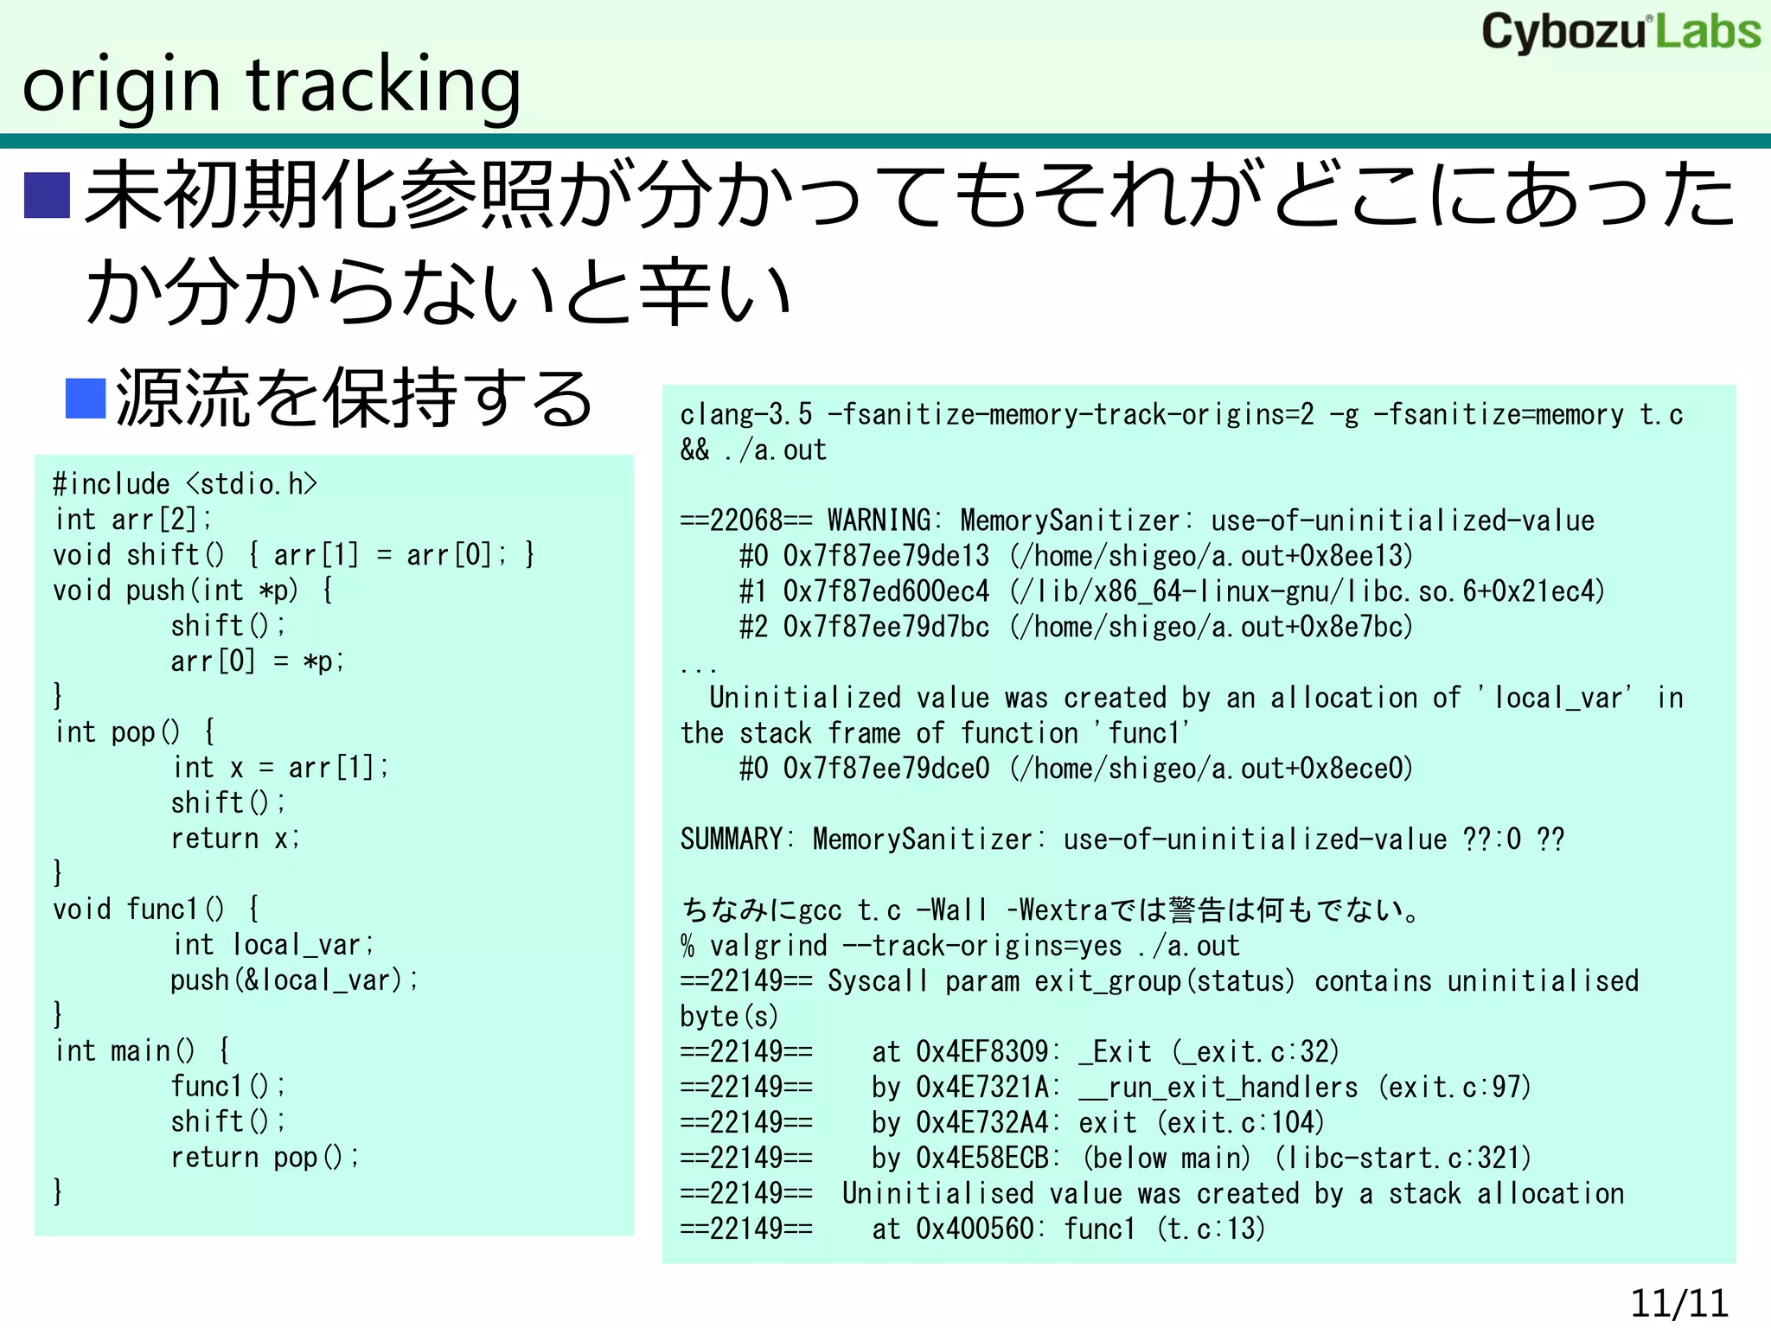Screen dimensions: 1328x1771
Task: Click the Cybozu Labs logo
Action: (1621, 33)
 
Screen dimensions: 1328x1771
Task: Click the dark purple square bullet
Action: (47, 196)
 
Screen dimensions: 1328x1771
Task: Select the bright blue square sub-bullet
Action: (86, 399)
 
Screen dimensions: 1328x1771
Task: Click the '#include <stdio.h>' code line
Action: (185, 484)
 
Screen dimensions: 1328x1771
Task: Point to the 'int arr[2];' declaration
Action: (133, 520)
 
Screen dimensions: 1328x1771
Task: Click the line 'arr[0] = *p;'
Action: (258, 661)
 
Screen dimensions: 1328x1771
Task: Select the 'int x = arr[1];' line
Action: (280, 768)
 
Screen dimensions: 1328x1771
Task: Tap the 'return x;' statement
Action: (235, 839)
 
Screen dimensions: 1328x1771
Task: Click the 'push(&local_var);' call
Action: (294, 980)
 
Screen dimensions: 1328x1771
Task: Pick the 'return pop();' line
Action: (265, 1158)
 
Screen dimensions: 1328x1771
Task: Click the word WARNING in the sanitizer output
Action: (879, 520)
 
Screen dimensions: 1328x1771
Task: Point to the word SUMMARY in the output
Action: (732, 840)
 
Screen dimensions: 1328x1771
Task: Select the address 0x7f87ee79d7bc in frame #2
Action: (885, 627)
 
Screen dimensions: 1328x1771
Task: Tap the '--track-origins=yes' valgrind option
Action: (982, 946)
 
